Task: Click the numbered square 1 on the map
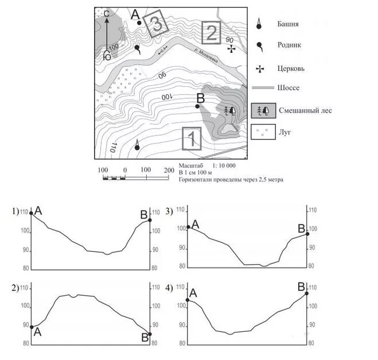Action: (192, 138)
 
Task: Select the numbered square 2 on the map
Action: (211, 32)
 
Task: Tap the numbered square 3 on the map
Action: (155, 25)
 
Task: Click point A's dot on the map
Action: (139, 22)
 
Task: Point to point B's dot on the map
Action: (197, 106)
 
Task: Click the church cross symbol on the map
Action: (231, 49)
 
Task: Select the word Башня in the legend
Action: (290, 25)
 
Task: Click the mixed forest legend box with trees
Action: (262, 111)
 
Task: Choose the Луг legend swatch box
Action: (262, 133)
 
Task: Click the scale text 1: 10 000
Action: (220, 165)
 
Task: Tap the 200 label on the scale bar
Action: (168, 171)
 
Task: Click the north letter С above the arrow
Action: (106, 12)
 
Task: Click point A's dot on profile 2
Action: (32, 326)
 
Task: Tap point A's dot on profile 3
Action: (189, 227)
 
